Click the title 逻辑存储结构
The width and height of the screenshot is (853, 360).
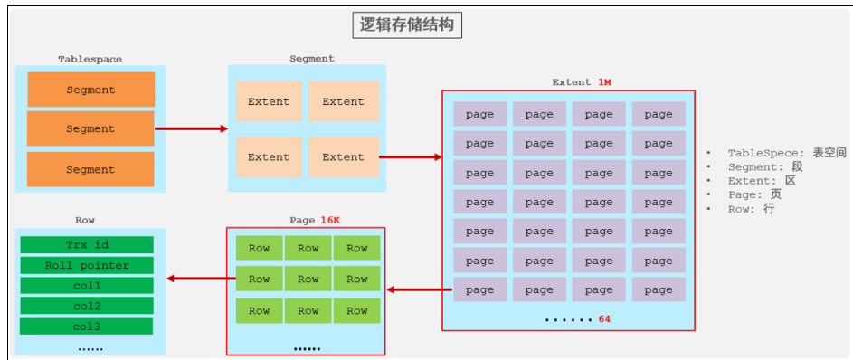coord(406,25)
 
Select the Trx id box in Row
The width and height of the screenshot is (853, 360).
coord(87,245)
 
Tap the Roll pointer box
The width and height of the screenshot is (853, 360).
coord(87,265)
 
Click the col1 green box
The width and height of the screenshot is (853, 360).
coord(87,286)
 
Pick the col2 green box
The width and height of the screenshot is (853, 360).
coord(87,306)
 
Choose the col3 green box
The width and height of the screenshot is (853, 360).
coord(87,327)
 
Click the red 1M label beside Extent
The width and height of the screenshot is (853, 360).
coord(604,82)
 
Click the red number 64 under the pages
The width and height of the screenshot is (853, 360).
coord(604,319)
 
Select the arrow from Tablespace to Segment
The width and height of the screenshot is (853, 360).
coord(191,128)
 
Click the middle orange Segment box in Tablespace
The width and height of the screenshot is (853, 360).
coord(90,128)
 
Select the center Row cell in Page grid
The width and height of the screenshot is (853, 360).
coord(308,279)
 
